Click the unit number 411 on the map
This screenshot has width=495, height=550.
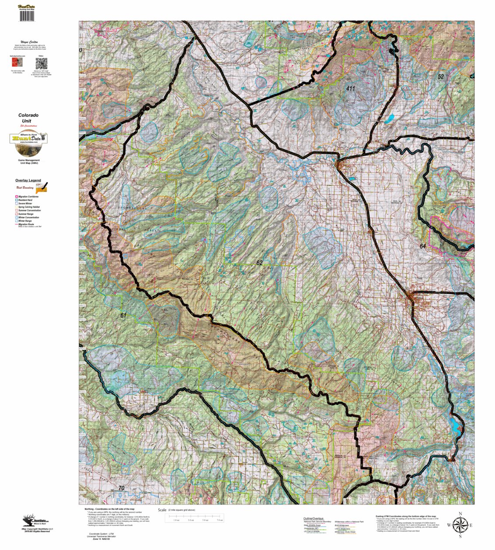(x=350, y=89)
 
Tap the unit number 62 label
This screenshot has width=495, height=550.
(x=259, y=263)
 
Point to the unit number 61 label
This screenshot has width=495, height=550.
(x=123, y=315)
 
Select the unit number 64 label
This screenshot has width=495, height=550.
(x=422, y=246)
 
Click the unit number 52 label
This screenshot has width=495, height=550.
(x=440, y=77)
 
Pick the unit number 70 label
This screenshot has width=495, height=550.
(x=122, y=488)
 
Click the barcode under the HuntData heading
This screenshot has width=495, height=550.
(x=27, y=16)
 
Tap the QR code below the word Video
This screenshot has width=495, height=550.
(x=41, y=63)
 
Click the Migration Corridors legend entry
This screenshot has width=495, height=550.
(x=28, y=197)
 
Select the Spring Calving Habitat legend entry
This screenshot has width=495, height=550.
(x=29, y=207)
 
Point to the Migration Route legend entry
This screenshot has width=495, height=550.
(x=27, y=224)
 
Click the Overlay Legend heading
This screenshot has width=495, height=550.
(x=28, y=181)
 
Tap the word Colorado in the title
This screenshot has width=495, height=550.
(x=28, y=115)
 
